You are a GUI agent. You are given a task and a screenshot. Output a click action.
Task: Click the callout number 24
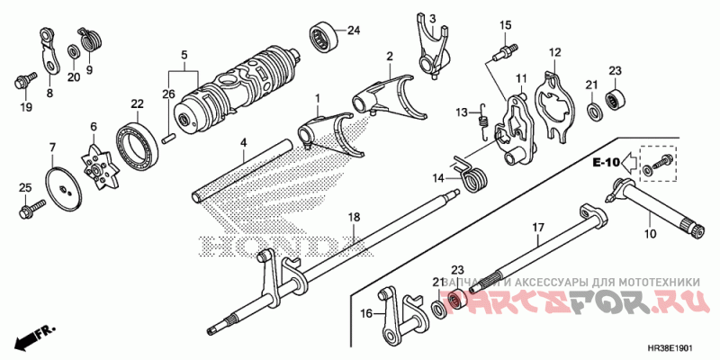click(x=354, y=30)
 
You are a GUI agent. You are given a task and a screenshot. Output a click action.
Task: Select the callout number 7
click(x=51, y=147)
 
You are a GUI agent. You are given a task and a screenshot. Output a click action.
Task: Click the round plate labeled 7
click(x=62, y=186)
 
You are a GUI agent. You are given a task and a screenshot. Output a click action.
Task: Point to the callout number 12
click(x=555, y=52)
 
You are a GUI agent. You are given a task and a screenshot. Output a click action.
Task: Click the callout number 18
click(x=354, y=218)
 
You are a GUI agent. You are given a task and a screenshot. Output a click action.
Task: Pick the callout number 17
click(x=537, y=228)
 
